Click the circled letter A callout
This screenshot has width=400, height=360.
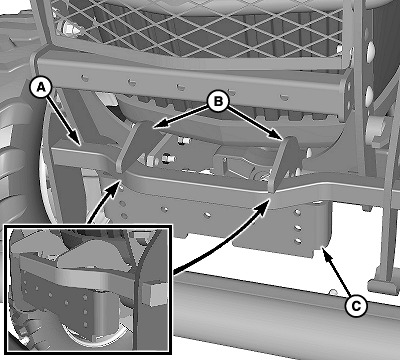coord(40,88)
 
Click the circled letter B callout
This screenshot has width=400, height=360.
coord(218,101)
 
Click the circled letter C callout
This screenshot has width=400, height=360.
coord(356,305)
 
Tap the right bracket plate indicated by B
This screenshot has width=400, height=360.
coord(284,163)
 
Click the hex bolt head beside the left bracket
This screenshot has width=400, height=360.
coord(152,161)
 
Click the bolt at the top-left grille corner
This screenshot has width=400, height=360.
coord(68,29)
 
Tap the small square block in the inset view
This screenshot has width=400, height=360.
coord(154,294)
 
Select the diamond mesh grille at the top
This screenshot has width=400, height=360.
coord(200,28)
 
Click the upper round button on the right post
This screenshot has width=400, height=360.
coord(369,49)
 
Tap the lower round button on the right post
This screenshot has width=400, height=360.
coord(369,95)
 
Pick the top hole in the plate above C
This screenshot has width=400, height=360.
coord(298,212)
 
